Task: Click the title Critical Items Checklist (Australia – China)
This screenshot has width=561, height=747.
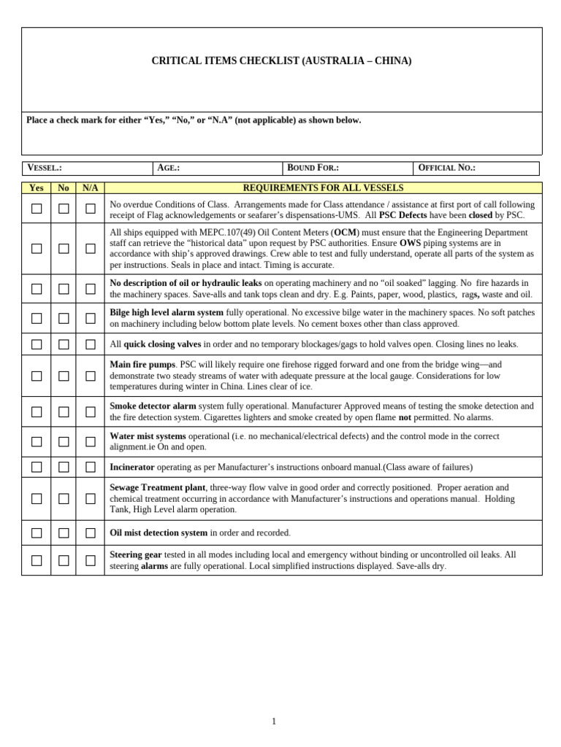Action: (281, 61)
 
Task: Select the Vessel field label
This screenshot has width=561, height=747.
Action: (45, 168)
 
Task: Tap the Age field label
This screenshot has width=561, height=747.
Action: (169, 168)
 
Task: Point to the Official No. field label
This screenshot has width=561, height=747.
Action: (446, 168)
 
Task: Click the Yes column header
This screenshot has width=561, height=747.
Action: (37, 188)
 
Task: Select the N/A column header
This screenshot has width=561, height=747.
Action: (90, 188)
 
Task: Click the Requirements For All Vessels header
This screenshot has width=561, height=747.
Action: (323, 188)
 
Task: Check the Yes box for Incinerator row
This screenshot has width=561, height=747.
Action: (37, 467)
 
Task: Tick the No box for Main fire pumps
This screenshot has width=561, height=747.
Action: (64, 376)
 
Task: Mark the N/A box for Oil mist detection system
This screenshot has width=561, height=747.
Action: (91, 533)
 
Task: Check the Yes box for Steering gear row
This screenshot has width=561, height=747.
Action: (37, 560)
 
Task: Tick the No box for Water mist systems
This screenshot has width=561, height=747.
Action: (64, 441)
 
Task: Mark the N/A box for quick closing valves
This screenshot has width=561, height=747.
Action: (91, 344)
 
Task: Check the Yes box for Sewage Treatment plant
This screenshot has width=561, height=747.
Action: (37, 499)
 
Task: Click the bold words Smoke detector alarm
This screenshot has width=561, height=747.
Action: (153, 406)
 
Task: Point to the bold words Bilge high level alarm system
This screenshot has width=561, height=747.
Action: (167, 312)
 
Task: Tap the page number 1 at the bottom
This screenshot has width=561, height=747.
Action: (274, 721)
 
